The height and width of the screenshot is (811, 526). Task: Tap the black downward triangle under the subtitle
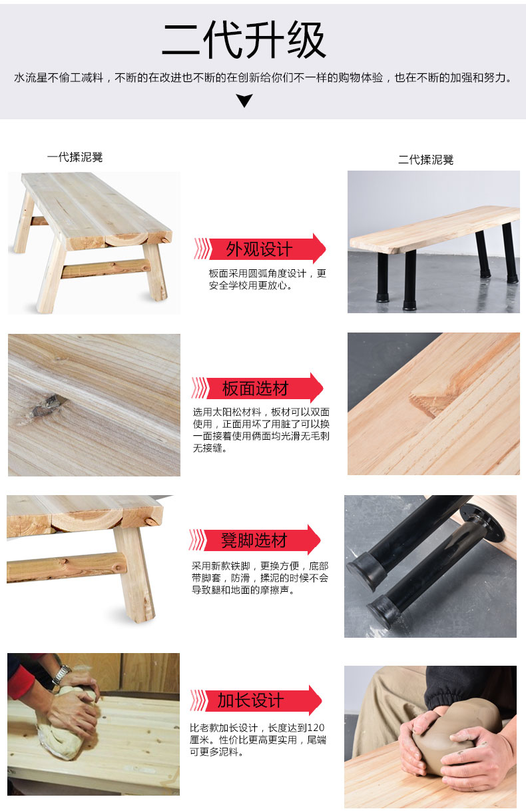pyautogui.click(x=244, y=101)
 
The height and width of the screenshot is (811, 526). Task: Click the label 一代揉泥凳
pyautogui.click(x=75, y=157)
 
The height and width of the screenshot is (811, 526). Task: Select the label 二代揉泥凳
pyautogui.click(x=425, y=160)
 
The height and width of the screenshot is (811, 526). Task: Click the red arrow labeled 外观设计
pyautogui.click(x=260, y=249)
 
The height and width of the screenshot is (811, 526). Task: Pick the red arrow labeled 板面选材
pyautogui.click(x=257, y=388)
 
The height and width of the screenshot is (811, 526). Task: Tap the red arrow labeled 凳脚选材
pyautogui.click(x=254, y=540)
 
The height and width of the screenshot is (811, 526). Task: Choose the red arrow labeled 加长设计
pyautogui.click(x=256, y=700)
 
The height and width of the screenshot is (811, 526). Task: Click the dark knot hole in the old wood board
pyautogui.click(x=47, y=404)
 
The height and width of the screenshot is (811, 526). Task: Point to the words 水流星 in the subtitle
pyautogui.click(x=31, y=77)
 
